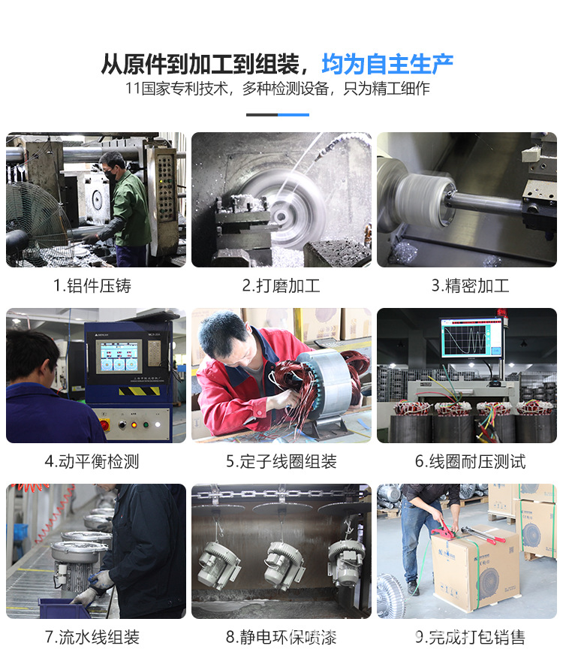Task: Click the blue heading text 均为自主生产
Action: pos(387,65)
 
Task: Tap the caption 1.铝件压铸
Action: pos(92,286)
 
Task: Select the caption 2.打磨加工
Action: pos(281,286)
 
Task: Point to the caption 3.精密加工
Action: pos(470,286)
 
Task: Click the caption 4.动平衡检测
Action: pos(92,462)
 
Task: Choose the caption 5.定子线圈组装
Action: pos(281,462)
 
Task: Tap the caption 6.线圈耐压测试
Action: pos(470,462)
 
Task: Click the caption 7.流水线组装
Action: pos(92,637)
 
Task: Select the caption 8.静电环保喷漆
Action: pos(281,637)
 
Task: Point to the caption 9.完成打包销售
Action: pos(470,637)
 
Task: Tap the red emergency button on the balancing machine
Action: pos(104,424)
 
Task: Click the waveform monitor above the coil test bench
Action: pos(471,337)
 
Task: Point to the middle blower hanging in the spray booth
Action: pos(283,563)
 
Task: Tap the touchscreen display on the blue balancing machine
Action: pos(119,356)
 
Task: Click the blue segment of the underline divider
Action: pos(294,115)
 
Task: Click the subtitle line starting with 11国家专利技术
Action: pos(277,89)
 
